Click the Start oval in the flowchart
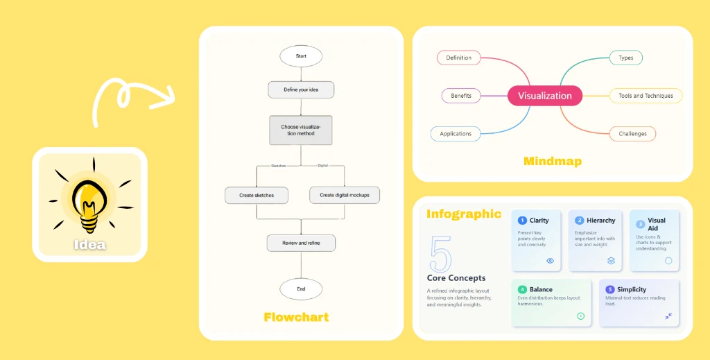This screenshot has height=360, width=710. point(301,56)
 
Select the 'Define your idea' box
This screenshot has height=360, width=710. point(301,89)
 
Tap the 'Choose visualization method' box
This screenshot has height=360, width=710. point(301,130)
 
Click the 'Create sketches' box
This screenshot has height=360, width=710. point(257,195)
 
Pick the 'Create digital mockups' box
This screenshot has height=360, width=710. point(345,195)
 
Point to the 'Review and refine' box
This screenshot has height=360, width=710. point(301,243)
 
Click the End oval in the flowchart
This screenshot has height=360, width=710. point(301,289)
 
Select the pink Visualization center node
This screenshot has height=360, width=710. point(545,96)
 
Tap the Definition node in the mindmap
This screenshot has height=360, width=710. point(458,58)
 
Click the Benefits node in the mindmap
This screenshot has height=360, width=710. point(461,96)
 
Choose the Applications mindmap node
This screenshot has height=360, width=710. point(456,134)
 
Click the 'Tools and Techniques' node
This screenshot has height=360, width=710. point(646,96)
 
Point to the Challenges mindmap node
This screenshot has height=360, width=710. point(632,134)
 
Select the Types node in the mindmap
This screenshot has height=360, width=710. point(625,58)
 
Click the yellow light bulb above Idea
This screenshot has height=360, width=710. point(89,201)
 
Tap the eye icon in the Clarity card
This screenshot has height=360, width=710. point(550,261)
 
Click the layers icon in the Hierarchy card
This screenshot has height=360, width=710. point(611,261)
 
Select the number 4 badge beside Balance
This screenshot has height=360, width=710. point(522,289)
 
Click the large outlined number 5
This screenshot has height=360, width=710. point(440,252)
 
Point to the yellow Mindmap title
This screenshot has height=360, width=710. point(552,162)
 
